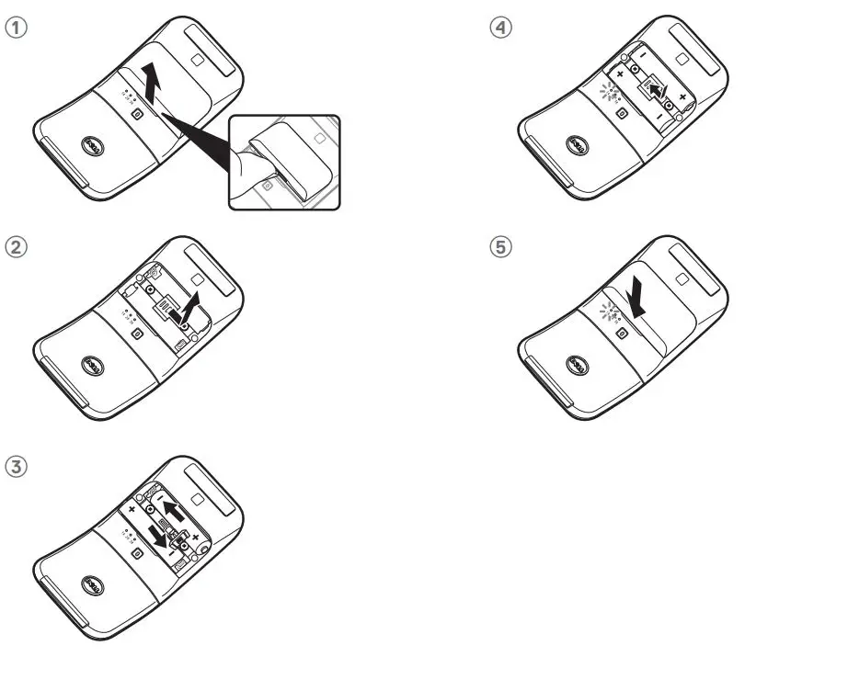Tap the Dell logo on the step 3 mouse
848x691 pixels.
(x=91, y=585)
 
